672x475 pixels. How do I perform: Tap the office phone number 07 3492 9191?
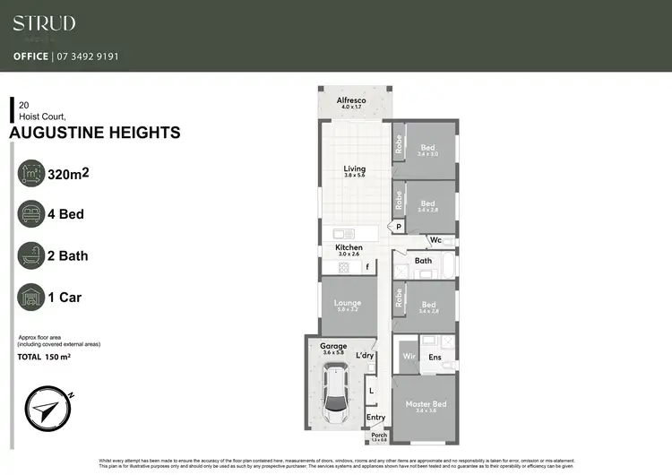coord(86,56)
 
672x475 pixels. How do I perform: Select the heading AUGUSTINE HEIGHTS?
coord(94,134)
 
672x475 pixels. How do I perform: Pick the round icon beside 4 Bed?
coord(33,215)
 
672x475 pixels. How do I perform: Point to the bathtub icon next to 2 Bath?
coord(33,256)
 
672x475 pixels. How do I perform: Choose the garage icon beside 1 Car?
coord(33,298)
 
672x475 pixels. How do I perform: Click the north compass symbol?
coord(46,410)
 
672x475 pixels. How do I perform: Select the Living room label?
coord(356,168)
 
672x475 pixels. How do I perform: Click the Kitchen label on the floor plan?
coord(349,247)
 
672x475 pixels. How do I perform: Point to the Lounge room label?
coord(348,304)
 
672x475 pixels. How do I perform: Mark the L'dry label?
coord(365,356)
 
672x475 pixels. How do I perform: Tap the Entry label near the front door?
coord(375,418)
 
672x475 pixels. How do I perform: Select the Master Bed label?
coord(426,404)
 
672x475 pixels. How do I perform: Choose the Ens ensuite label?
coord(436,357)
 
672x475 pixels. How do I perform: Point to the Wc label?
coord(435,240)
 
